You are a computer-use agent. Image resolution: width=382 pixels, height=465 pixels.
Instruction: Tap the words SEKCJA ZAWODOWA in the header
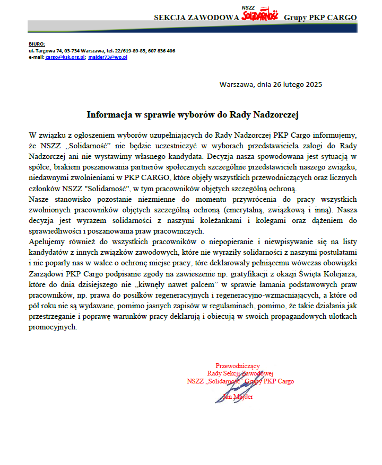click(x=196, y=17)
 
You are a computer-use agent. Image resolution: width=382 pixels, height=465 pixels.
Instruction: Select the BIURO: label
click(x=37, y=43)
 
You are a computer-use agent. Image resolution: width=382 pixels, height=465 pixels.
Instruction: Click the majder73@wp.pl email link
click(x=108, y=57)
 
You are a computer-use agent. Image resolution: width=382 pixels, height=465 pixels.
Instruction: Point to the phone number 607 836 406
click(x=162, y=50)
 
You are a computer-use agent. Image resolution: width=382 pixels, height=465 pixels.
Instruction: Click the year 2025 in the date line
click(x=314, y=84)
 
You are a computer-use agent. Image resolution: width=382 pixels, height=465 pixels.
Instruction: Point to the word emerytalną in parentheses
click(x=245, y=208)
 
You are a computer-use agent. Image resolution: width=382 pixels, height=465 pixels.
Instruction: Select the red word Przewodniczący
click(x=238, y=365)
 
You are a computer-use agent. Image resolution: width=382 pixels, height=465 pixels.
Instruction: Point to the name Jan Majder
click(x=238, y=397)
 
